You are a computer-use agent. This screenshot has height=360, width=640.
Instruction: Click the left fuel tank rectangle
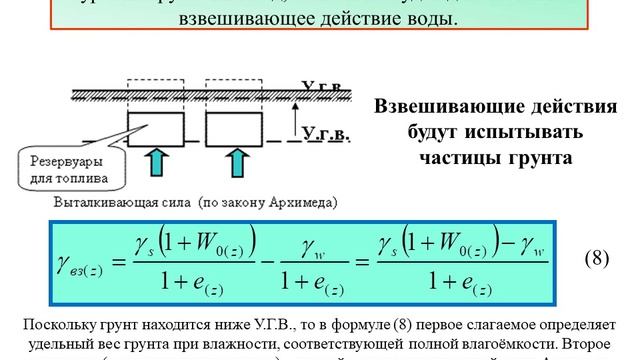click(154, 129)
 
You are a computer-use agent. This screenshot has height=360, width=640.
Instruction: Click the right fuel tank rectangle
click(233, 129)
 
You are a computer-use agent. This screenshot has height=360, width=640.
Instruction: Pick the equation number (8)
click(597, 258)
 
